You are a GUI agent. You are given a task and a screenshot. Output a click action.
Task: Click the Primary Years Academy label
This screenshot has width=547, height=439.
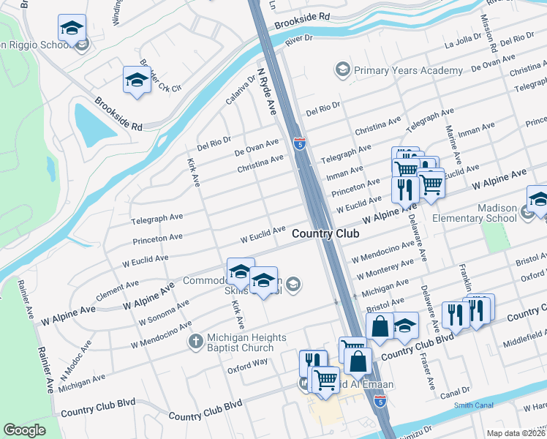(408, 70)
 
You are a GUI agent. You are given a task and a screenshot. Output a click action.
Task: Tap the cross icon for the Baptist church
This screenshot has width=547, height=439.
(195, 341)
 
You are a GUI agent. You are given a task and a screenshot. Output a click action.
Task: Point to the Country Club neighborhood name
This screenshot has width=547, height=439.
(325, 233)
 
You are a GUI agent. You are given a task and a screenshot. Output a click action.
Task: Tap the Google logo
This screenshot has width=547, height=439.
(24, 429)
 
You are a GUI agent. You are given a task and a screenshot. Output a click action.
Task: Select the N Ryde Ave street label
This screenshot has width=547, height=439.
(266, 91)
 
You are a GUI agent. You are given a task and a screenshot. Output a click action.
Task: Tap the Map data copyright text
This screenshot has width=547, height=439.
(516, 433)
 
